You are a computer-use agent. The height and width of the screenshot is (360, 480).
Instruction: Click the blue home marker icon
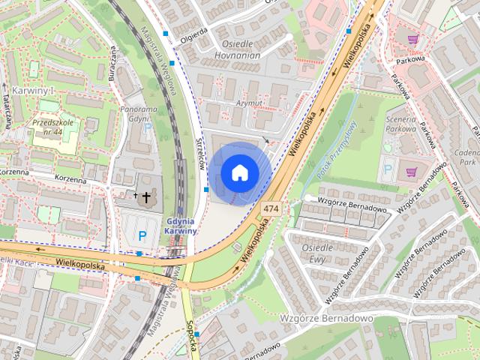tap(239, 172)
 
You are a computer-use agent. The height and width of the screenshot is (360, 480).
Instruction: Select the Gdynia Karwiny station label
tap(179, 226)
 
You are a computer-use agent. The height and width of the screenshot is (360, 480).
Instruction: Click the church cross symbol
tap(145, 196)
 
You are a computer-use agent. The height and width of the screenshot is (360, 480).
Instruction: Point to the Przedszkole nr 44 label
tap(52, 126)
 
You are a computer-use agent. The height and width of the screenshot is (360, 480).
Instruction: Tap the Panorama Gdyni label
tap(138, 114)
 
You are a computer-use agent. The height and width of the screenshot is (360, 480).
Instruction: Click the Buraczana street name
tap(112, 63)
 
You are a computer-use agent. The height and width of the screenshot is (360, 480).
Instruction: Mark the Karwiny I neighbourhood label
tap(31, 90)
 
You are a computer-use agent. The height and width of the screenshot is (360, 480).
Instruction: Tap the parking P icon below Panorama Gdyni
tap(148, 128)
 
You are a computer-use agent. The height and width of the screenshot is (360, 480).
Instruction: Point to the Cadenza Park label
tap(469, 156)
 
